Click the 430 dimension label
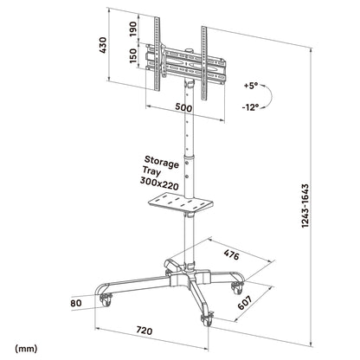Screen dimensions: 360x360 [102, 46]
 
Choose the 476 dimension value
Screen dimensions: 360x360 [230, 254]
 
